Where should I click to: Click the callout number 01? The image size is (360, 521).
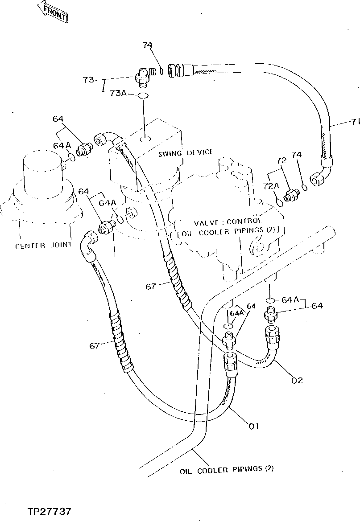tap(253, 427)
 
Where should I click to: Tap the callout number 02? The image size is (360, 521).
tap(297, 380)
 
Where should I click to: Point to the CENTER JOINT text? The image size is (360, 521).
tap(43, 246)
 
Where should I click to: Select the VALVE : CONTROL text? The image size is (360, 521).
tap(228, 222)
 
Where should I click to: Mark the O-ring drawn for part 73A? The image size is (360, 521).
tap(143, 96)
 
